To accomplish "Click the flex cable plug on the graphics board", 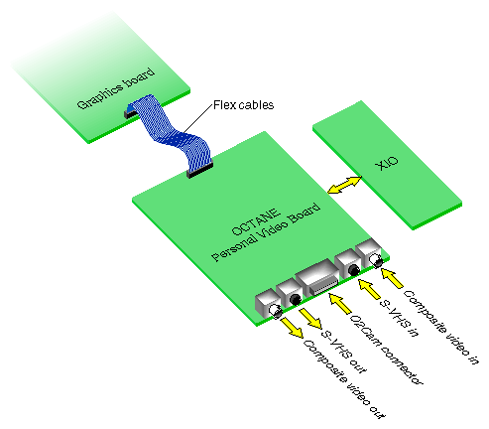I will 132,114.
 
